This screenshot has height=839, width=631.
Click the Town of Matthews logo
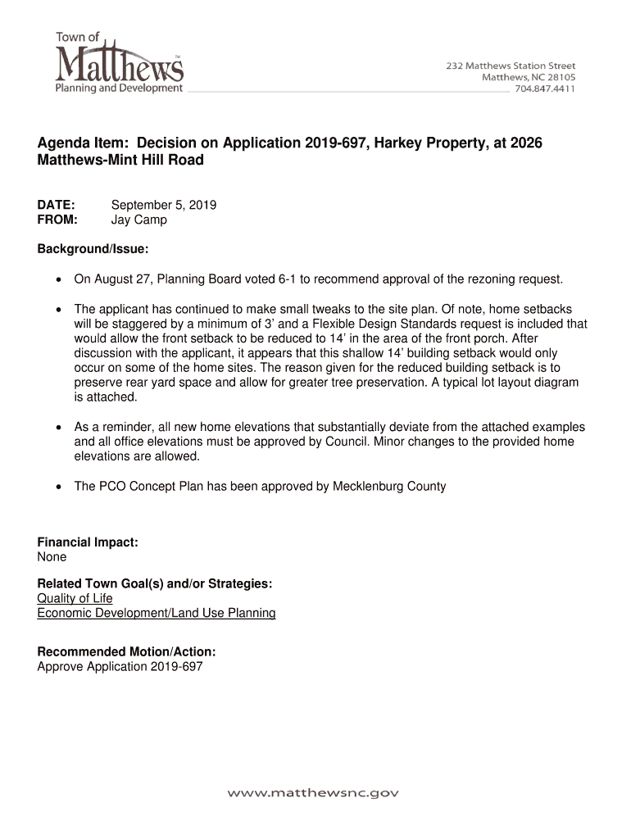(x=119, y=62)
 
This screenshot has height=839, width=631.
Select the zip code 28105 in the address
(x=559, y=78)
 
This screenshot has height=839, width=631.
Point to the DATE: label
(x=57, y=205)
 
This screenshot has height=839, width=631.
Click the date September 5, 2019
(x=164, y=205)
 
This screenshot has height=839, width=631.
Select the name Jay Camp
(x=138, y=220)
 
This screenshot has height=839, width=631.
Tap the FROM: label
(x=57, y=220)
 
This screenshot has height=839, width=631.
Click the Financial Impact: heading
(x=88, y=542)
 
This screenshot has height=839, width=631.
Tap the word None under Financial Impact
(x=52, y=557)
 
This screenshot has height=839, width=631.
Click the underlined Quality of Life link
(x=75, y=598)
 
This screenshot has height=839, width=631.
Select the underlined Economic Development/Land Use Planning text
(x=157, y=613)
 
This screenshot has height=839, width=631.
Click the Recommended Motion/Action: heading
(x=127, y=651)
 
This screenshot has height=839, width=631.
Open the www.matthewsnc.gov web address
(x=314, y=793)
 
